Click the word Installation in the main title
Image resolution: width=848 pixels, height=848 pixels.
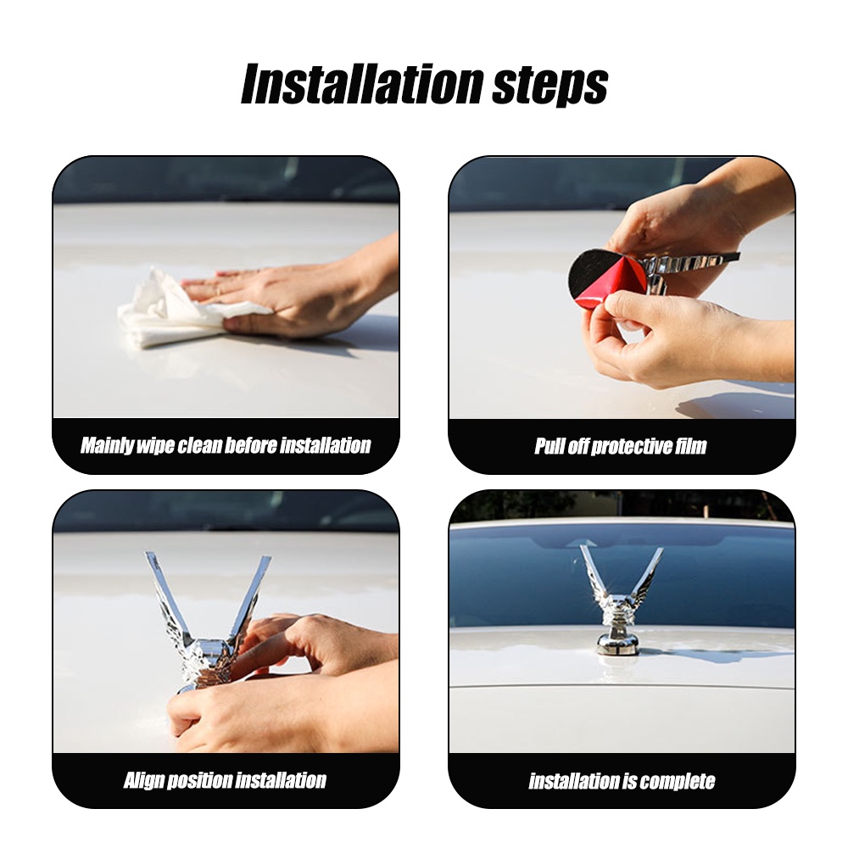click(x=361, y=84)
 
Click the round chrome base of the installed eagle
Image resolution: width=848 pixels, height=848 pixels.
click(x=616, y=643)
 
